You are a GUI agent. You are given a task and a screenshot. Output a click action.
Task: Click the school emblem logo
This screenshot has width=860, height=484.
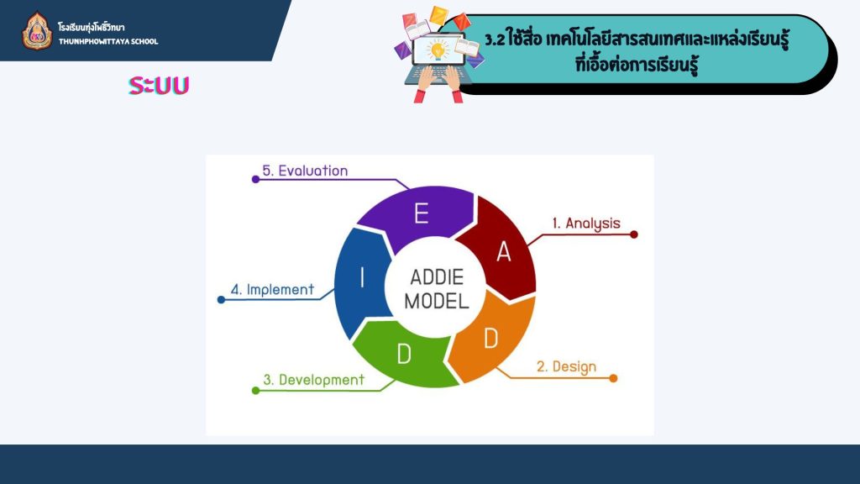click(37, 31)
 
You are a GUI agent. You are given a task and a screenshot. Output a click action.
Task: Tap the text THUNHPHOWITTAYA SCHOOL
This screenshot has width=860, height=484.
click(108, 41)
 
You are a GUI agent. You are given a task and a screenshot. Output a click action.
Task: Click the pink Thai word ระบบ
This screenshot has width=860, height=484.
click(159, 85)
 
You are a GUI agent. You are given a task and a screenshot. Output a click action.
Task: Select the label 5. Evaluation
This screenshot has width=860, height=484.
click(305, 171)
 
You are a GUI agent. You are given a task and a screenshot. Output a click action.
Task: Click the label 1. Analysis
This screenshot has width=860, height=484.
click(586, 224)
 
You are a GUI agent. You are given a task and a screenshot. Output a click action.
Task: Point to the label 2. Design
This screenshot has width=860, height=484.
click(566, 366)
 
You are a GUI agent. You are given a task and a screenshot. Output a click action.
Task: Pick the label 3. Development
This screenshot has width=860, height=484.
click(314, 380)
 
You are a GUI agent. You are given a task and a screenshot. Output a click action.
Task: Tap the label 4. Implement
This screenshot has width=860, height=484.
click(273, 289)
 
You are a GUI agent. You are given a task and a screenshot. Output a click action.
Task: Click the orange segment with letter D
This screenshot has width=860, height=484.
click(490, 339)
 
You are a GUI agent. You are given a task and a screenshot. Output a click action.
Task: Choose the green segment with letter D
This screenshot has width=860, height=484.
click(404, 354)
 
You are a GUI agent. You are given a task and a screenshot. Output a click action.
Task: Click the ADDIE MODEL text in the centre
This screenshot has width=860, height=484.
click(437, 289)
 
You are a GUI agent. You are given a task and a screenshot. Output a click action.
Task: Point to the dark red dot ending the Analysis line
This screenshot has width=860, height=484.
click(634, 235)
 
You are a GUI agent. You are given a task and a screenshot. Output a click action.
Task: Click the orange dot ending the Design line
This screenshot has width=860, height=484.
click(613, 378)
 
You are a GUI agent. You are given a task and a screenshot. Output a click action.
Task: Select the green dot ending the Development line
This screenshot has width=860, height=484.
click(255, 391)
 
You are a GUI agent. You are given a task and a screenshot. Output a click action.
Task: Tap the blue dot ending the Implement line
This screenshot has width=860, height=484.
click(221, 300)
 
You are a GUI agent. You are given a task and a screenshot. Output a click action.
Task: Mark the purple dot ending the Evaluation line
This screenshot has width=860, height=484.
click(255, 180)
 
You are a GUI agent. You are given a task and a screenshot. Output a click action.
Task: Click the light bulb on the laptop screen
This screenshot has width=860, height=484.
click(438, 50)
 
